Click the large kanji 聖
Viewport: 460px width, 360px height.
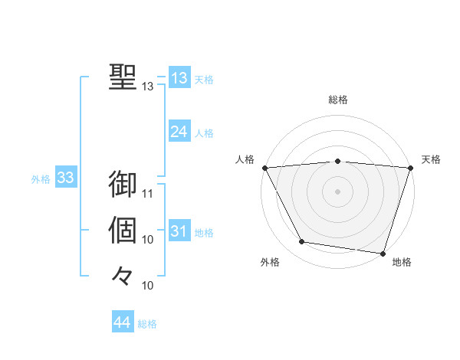tap(123, 77)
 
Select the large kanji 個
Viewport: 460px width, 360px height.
tap(123, 230)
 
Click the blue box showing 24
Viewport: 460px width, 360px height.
tap(179, 132)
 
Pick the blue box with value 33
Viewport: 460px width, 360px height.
tap(65, 178)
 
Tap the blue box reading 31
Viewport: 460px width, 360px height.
tap(179, 231)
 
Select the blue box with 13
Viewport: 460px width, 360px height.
tap(179, 78)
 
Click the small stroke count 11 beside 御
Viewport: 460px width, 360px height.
tap(148, 193)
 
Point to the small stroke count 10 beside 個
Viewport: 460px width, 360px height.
tap(148, 240)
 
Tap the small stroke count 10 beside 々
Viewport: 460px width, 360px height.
tap(148, 286)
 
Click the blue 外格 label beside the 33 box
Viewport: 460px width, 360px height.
tap(41, 179)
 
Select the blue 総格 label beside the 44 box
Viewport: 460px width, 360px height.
tap(147, 324)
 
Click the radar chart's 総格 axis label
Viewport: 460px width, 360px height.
tap(338, 100)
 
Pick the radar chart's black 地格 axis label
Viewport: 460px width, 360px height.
tap(402, 263)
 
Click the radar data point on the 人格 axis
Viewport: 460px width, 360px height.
tap(264, 168)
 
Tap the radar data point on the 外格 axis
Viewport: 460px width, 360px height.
tap(302, 242)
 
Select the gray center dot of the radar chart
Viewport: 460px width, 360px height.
tap(338, 191)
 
